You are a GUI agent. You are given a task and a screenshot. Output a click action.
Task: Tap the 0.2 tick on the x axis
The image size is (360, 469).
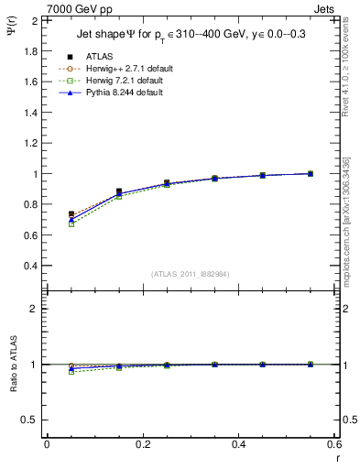pos(142,444)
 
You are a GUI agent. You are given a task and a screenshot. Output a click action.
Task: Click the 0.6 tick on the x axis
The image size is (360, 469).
pos(334,444)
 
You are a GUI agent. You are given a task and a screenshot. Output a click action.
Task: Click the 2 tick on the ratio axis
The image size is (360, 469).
pos(34,309)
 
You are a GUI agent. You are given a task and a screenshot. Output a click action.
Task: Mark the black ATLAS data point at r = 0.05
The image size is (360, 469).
pos(71,214)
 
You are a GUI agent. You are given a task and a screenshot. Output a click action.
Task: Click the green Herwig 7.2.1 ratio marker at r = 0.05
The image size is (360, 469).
pos(71,372)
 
